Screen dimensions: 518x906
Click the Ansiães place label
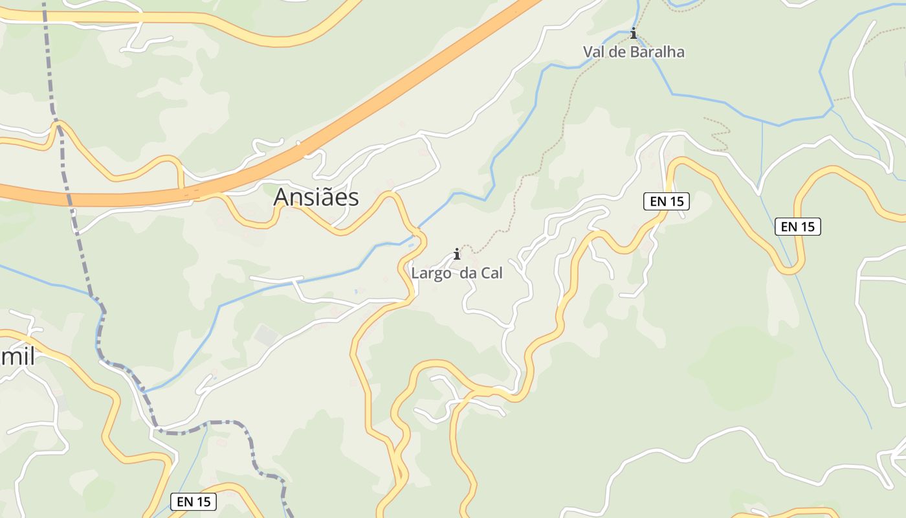[316, 197]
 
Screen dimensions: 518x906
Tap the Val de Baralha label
[634, 52]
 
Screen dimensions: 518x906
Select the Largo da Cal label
[457, 273]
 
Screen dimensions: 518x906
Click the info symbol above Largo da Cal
[457, 253]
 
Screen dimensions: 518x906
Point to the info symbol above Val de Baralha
[634, 33]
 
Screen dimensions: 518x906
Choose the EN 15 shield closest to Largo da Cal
[667, 201]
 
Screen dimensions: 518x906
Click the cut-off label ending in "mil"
[17, 355]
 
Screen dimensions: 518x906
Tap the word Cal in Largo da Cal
[491, 273]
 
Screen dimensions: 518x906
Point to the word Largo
[431, 273]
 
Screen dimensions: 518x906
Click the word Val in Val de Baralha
[595, 52]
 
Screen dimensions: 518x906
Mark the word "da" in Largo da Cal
[468, 273]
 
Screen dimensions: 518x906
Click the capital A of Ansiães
[282, 197]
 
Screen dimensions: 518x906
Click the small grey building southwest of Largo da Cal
[266, 335]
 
